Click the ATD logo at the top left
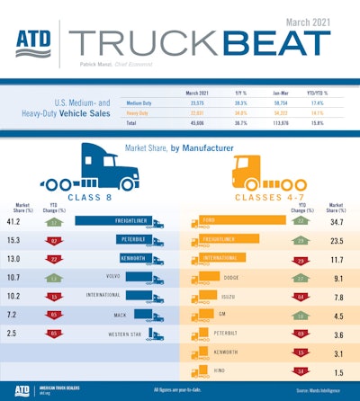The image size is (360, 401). click(34, 45)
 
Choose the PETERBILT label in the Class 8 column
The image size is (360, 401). click(131, 240)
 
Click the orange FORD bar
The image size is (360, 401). click(236, 219)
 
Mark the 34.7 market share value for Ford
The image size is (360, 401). click(339, 219)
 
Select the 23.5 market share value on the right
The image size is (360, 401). click(339, 240)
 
